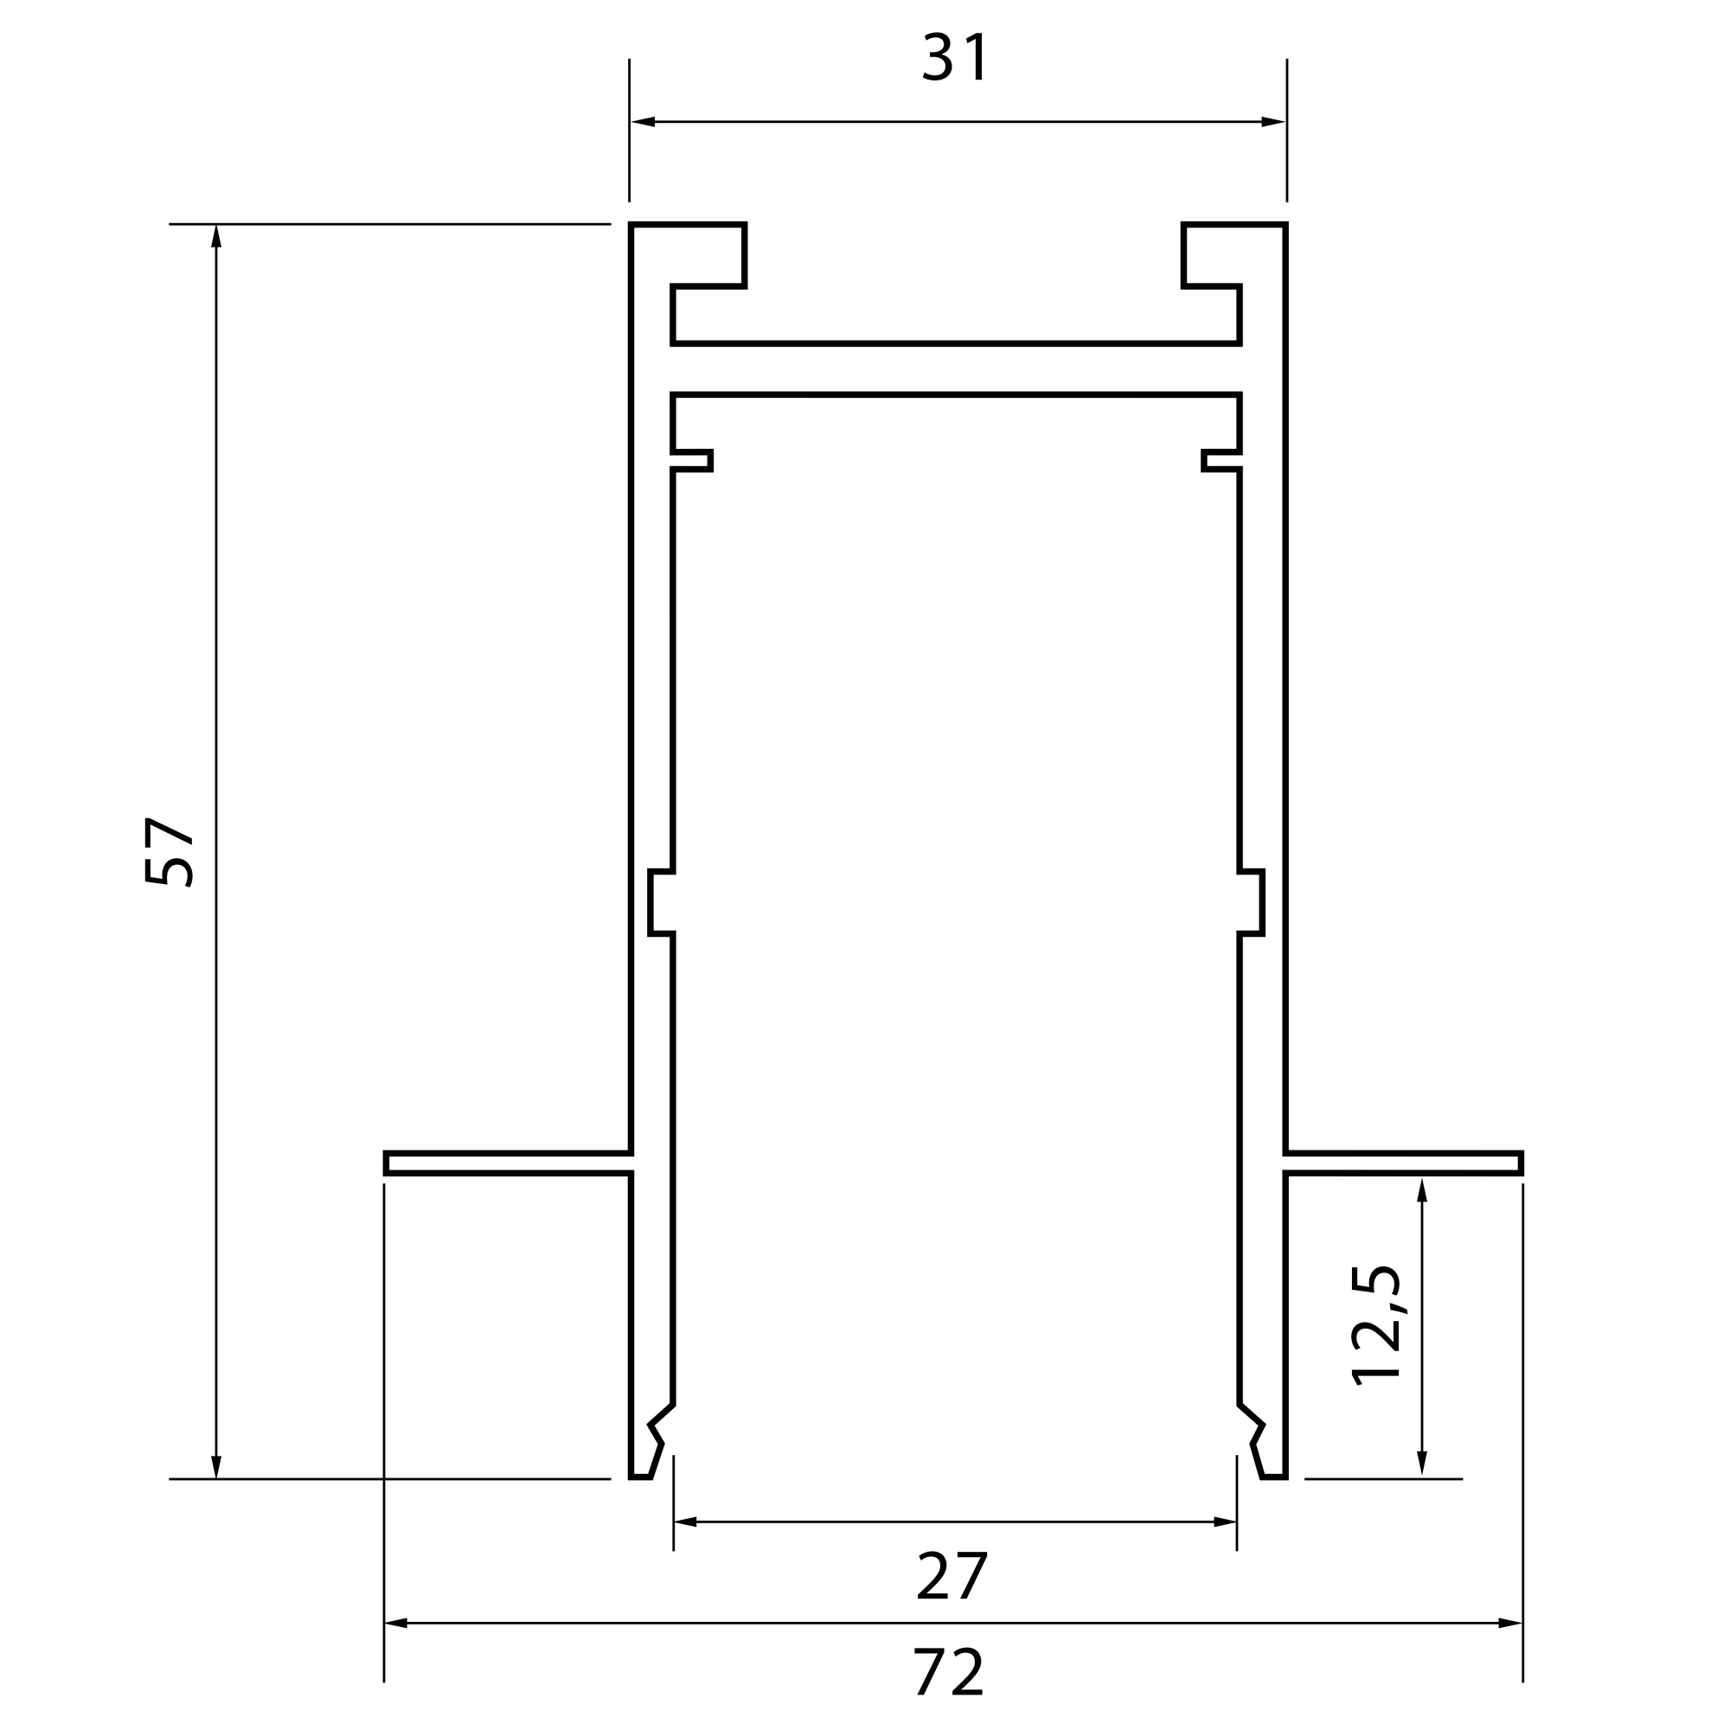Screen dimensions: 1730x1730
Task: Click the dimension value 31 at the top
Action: click(x=955, y=57)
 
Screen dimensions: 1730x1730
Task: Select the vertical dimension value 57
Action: click(x=169, y=850)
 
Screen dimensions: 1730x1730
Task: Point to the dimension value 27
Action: click(x=951, y=1576)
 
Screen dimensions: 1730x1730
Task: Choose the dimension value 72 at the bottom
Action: click(x=950, y=1672)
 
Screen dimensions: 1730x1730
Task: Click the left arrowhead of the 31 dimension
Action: click(x=643, y=122)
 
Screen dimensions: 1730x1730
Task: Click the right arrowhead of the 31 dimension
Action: click(x=1272, y=122)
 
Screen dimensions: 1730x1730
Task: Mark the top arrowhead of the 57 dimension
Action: click(x=215, y=236)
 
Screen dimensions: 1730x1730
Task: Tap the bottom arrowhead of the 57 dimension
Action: click(x=215, y=1466)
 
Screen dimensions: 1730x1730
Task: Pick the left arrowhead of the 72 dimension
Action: click(x=396, y=1623)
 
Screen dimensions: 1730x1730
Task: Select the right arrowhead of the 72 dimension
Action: click(x=1509, y=1623)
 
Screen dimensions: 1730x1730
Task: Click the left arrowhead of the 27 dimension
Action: click(x=685, y=1522)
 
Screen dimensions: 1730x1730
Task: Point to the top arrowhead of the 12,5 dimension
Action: click(x=1421, y=1192)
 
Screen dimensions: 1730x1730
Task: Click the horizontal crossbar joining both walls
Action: click(x=957, y=368)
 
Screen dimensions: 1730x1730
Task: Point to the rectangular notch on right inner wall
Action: click(x=1252, y=902)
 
